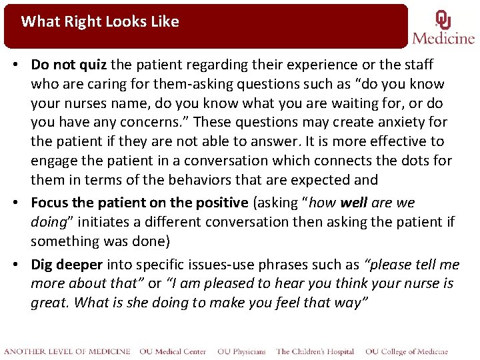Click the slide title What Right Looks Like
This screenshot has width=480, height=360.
[x=100, y=21]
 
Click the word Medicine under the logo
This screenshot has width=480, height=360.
[x=443, y=38]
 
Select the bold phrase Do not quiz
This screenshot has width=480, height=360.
[x=69, y=65]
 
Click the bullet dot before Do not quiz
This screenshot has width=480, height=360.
[x=22, y=65]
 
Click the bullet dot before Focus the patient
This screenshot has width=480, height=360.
[x=22, y=203]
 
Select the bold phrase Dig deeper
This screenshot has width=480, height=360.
[x=67, y=265]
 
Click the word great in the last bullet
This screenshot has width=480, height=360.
[x=49, y=303]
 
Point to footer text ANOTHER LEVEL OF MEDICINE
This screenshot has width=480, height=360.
[x=67, y=351]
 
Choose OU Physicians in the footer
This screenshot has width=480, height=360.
[x=241, y=351]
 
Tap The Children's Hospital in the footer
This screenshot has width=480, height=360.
[x=315, y=351]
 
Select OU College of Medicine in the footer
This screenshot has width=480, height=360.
[x=407, y=351]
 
